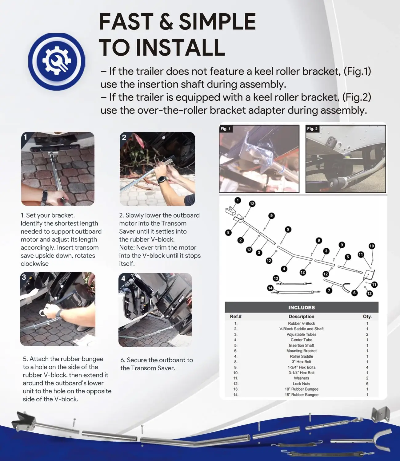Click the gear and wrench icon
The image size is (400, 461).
[x=57, y=61]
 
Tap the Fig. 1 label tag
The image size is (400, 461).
[x=226, y=129]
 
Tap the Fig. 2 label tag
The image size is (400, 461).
[x=312, y=129]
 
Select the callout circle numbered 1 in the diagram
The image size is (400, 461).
[x=238, y=200]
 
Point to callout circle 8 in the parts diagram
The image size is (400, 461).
[x=228, y=233]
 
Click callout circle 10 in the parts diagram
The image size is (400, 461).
[x=372, y=246]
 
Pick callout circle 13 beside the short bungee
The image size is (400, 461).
[x=276, y=278]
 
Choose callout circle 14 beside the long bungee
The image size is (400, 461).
[x=270, y=288]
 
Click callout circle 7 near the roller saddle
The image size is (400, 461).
[x=329, y=290]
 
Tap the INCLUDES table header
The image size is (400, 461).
[x=302, y=308]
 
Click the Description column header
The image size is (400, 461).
[x=302, y=317]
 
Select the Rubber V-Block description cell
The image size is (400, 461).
[x=302, y=323]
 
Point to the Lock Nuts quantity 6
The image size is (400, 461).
[x=367, y=384]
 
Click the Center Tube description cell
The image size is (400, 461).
[x=302, y=340]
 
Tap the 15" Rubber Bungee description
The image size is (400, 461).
[x=302, y=395]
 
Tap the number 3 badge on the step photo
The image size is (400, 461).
[x=24, y=277]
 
